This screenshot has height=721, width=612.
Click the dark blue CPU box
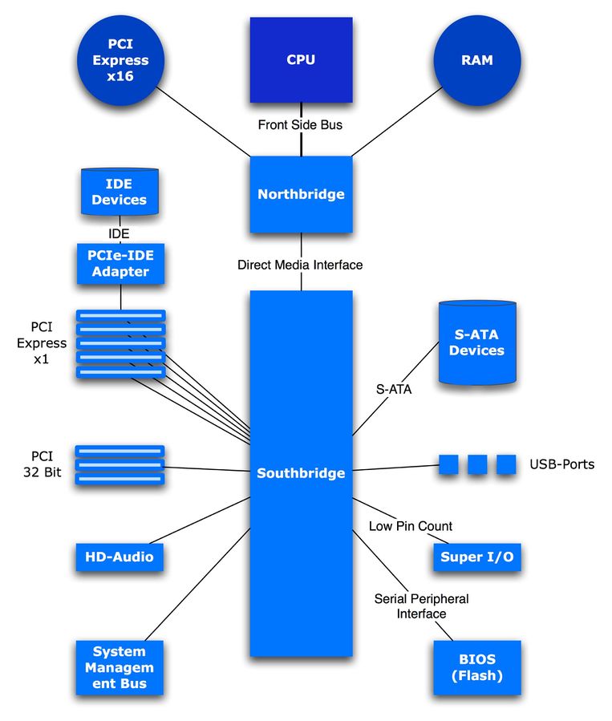(301, 60)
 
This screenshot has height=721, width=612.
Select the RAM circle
(477, 60)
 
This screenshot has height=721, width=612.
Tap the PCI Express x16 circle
(120, 60)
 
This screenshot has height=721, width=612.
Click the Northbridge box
(301, 194)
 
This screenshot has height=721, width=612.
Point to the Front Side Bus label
(301, 125)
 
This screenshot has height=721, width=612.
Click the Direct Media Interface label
(300, 265)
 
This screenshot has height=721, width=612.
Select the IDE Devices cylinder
(119, 192)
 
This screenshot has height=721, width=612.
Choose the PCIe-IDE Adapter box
(120, 264)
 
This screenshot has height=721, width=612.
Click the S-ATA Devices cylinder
(476, 342)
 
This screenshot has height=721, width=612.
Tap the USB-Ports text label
(561, 464)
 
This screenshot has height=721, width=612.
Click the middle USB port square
(477, 464)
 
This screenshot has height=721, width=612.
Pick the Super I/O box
(476, 556)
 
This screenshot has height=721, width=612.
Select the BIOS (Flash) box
(476, 667)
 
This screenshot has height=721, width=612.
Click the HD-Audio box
(120, 556)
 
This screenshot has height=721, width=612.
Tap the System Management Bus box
(119, 667)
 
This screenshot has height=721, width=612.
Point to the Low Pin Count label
(411, 526)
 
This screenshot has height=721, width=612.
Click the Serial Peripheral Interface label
(421, 606)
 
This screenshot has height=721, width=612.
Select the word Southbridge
(301, 473)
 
